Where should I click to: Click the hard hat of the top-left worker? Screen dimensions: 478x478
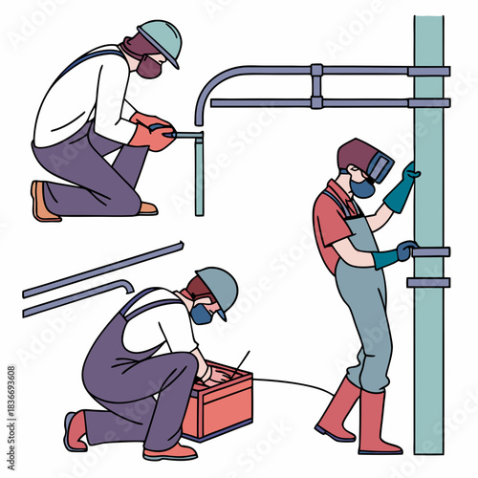(x=160, y=39)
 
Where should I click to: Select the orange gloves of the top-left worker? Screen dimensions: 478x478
(x=152, y=133)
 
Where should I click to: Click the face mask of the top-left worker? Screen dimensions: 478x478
(x=149, y=66)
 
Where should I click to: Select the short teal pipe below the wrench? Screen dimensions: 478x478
(x=200, y=178)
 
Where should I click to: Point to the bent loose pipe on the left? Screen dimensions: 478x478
(x=76, y=296)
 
